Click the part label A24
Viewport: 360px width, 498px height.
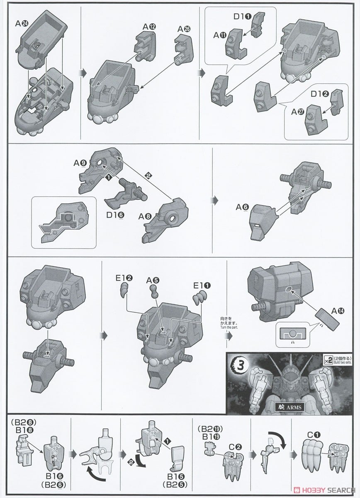pyautogui.click(x=21, y=24)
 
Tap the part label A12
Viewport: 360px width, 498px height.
pyautogui.click(x=149, y=27)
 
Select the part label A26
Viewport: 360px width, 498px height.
pyautogui.click(x=184, y=29)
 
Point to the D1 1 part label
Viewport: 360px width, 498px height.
pyautogui.click(x=243, y=16)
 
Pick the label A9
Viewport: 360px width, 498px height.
pyautogui.click(x=80, y=164)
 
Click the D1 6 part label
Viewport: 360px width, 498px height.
pyautogui.click(x=115, y=215)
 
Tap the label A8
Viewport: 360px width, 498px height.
pyautogui.click(x=145, y=216)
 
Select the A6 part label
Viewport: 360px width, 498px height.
pyautogui.click(x=242, y=207)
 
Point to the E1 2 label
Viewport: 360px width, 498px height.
pyautogui.click(x=124, y=278)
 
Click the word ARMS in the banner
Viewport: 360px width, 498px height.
pyautogui.click(x=294, y=408)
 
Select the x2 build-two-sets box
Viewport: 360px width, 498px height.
pyautogui.click(x=338, y=361)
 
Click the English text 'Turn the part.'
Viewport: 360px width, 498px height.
pyautogui.click(x=229, y=327)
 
